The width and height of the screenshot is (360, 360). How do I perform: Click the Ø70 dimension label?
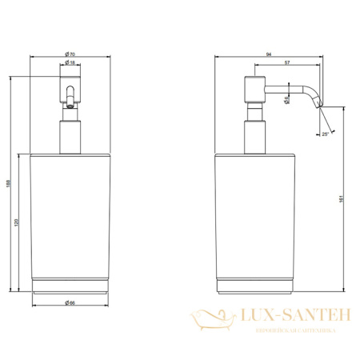point(70,54)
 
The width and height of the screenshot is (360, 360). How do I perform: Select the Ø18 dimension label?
point(70,62)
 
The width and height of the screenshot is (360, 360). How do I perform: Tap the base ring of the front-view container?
point(70,286)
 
